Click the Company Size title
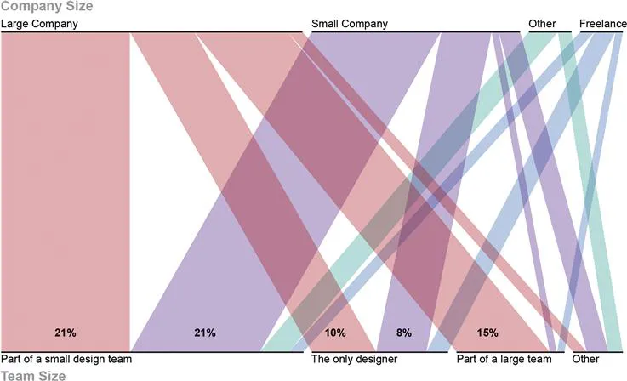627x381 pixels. pyautogui.click(x=47, y=7)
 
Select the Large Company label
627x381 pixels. pyautogui.click(x=39, y=24)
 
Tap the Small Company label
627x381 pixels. pyautogui.click(x=349, y=24)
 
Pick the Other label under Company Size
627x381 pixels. pyautogui.click(x=542, y=24)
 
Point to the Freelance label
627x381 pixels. pyautogui.click(x=602, y=24)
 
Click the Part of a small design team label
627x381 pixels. pyautogui.click(x=66, y=360)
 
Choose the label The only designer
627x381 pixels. pyautogui.click(x=355, y=360)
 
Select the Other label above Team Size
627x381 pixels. pyautogui.click(x=585, y=360)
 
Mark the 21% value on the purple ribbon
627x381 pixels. pyautogui.click(x=204, y=333)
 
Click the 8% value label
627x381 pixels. pyautogui.click(x=403, y=333)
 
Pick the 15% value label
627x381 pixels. pyautogui.click(x=487, y=333)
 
